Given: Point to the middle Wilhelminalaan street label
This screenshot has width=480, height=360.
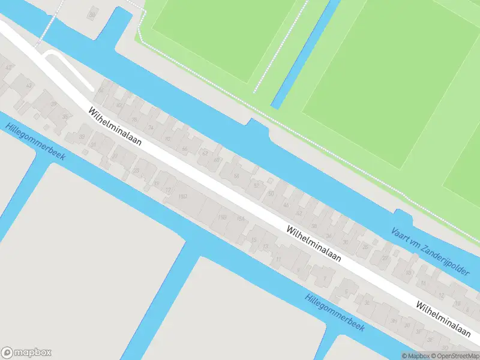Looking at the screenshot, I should pyautogui.click(x=314, y=244).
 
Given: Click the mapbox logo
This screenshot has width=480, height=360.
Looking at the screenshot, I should pyautogui.click(x=26, y=353).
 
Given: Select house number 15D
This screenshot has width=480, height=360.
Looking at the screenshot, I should pyautogui.click(x=182, y=196).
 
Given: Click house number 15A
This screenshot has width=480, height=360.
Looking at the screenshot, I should pyautogui.click(x=241, y=219).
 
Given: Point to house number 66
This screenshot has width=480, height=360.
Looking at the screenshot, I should pyautogui.click(x=184, y=149).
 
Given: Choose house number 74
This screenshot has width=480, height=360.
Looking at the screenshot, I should pyautogui.click(x=150, y=128).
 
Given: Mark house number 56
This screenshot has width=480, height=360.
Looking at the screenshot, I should pyautogui.click(x=236, y=176).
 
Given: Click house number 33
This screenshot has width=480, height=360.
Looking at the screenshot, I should pyautogui.click(x=82, y=137).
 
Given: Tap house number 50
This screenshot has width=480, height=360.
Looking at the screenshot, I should pyautogui.click(x=271, y=194).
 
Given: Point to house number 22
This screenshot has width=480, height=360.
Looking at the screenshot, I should pyautogui.click(x=385, y=258).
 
